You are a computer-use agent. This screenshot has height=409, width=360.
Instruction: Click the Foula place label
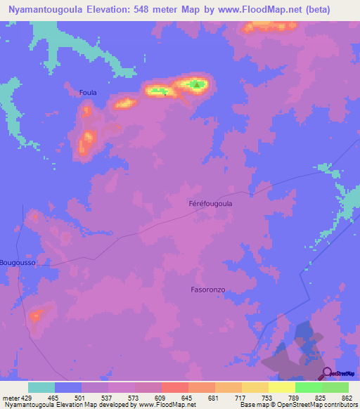coord(88,92)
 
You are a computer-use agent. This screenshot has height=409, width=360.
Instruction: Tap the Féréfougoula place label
coord(211,204)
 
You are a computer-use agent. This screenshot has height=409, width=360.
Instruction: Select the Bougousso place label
coord(18,262)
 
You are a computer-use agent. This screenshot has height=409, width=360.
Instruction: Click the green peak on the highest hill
coord(198,86)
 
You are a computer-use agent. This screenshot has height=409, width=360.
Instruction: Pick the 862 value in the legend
coord(346,398)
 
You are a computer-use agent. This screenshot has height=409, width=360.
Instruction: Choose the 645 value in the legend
coord(186,398)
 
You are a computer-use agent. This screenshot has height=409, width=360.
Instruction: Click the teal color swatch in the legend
coord(41,387)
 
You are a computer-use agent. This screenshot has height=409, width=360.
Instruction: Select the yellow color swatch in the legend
coord(281,387)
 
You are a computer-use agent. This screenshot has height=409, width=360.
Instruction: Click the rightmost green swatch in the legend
coord(335,387)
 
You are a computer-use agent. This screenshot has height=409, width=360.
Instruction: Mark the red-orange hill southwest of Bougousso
coord(36,315)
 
